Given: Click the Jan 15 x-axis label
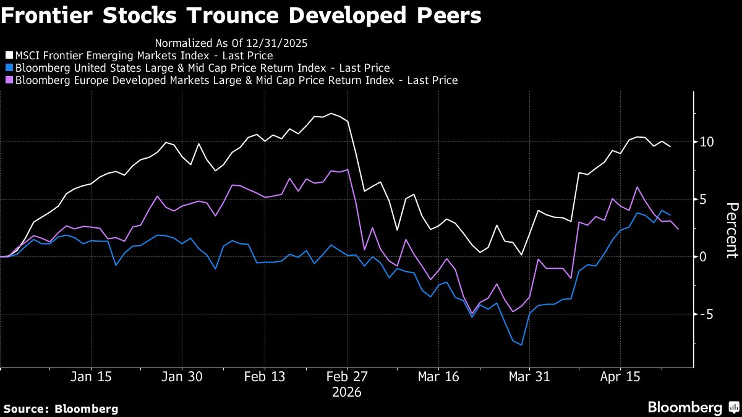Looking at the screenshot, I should click(91, 377).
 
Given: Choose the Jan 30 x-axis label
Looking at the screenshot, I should click(181, 377).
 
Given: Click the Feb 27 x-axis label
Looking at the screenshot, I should click(348, 377).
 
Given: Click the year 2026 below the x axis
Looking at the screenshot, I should click(348, 392).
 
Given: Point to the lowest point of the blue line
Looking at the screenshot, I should click(522, 345).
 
